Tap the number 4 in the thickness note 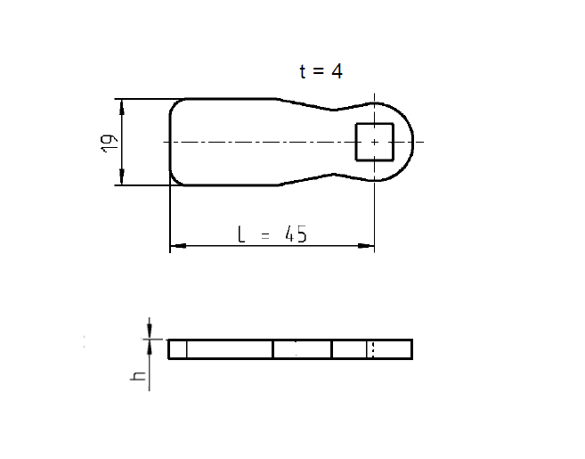click(337, 71)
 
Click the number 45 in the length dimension click(295, 234)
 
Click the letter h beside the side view click(138, 376)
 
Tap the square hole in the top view click(375, 142)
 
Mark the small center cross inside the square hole click(375, 142)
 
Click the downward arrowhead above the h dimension click(150, 332)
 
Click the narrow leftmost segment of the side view click(177, 348)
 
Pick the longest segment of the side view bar click(230, 348)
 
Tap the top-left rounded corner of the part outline click(175, 104)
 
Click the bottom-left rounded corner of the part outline click(175, 180)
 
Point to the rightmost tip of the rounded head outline click(414, 142)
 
